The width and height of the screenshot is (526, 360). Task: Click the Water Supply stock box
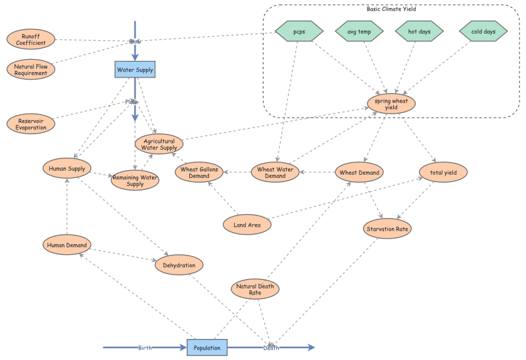[135, 70]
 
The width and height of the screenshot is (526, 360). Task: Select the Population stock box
[206, 348]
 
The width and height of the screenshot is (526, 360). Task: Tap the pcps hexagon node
[299, 31]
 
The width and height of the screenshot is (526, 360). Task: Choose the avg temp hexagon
[360, 31]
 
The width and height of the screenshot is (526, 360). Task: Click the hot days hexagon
[419, 31]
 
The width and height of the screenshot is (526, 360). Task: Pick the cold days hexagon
[483, 31]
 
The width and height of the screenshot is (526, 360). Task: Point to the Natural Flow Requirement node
[31, 69]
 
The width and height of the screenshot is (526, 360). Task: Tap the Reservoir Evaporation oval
[32, 124]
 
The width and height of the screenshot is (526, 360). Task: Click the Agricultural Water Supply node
[159, 144]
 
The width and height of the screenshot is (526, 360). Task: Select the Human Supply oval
[66, 169]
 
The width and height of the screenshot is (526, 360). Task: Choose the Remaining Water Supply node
[135, 180]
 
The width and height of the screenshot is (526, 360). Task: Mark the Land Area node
[247, 225]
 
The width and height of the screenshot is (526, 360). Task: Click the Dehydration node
[179, 265]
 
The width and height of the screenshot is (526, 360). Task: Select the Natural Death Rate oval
[255, 289]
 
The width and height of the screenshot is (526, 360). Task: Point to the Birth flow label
[146, 348]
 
